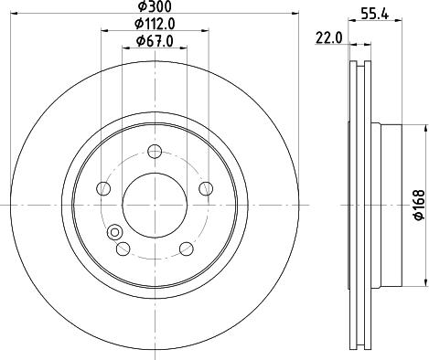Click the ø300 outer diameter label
[153, 7]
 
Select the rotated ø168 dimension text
[417, 199]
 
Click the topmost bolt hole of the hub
[154, 151]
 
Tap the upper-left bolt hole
[104, 188]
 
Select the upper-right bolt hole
[203, 188]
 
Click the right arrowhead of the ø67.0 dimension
[182, 48]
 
